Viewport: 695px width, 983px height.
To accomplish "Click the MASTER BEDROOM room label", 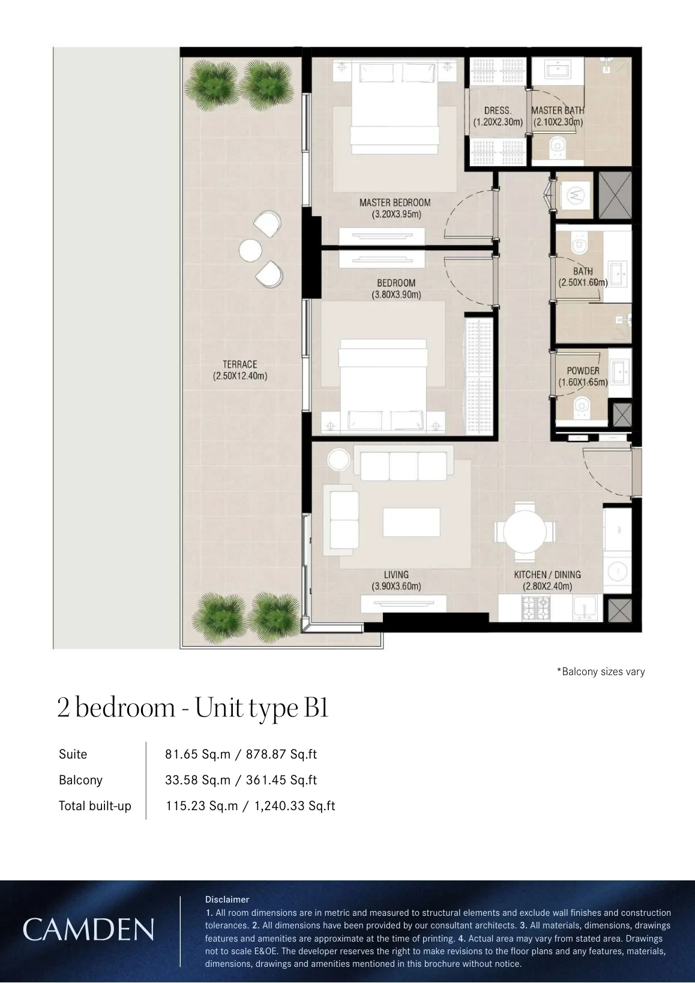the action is point(395,203).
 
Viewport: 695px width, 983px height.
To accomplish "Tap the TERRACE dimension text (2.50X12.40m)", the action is point(240,376).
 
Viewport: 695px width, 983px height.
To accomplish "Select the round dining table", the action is point(525,532).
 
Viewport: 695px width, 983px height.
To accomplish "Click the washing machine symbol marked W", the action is point(575,195).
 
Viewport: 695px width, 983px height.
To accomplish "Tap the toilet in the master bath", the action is point(559,146).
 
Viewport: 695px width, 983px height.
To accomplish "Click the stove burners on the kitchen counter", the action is point(536,608).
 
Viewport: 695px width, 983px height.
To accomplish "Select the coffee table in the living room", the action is point(411,522).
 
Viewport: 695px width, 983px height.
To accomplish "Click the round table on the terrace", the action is point(250,251).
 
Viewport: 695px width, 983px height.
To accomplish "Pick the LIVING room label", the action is point(396,574).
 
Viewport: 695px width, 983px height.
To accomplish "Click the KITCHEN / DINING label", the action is point(547,574).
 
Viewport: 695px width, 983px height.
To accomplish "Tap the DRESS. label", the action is point(498,111).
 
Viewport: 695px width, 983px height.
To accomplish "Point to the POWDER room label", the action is point(583,371).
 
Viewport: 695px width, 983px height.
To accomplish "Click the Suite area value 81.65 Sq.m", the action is point(197,754).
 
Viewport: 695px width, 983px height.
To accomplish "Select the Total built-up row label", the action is point(95,806).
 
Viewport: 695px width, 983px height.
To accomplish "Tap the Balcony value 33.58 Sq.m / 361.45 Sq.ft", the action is point(241,780).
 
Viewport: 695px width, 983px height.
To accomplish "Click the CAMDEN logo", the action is point(88,930).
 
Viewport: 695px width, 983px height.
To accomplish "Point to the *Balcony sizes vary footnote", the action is point(601,672).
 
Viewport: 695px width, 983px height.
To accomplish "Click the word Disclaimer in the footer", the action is point(227,900).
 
